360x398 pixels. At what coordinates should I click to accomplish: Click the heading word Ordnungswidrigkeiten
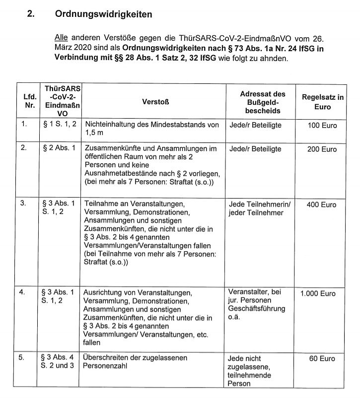click(103, 14)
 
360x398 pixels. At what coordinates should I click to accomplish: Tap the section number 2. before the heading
click(31, 14)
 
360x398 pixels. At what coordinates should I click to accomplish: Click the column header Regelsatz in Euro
click(322, 102)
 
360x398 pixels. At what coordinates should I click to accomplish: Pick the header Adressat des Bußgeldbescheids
click(263, 102)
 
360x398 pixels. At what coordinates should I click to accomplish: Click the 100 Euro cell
click(322, 126)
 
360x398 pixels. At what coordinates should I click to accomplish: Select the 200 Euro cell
click(322, 149)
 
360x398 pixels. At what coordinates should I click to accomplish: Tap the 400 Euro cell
click(322, 204)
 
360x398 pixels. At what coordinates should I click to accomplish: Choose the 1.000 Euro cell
click(318, 293)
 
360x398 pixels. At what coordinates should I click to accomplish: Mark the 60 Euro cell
click(322, 358)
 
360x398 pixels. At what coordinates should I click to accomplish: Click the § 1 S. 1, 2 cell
click(60, 124)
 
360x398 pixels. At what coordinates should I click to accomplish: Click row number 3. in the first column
click(23, 203)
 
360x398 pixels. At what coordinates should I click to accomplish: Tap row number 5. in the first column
click(23, 357)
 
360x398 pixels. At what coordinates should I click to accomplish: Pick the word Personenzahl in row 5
click(106, 366)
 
